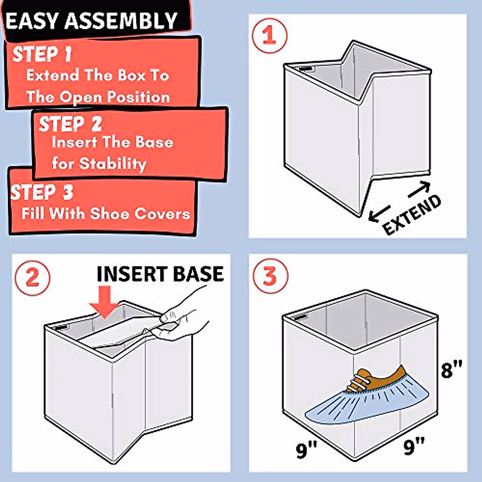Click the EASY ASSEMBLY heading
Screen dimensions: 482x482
tap(92, 21)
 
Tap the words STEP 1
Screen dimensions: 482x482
tap(42, 54)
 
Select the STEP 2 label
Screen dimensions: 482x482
tap(70, 124)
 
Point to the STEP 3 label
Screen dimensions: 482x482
tap(42, 192)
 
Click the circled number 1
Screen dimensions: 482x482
tap(269, 35)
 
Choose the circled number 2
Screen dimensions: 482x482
tap(32, 278)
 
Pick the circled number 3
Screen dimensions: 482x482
tap(270, 277)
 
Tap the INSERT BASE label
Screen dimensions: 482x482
tap(160, 274)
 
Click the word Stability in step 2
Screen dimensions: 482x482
tap(113, 164)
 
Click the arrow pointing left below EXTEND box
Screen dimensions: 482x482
tap(379, 214)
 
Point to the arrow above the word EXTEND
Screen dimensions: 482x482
tap(419, 189)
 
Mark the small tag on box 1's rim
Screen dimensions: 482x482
tap(306, 69)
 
